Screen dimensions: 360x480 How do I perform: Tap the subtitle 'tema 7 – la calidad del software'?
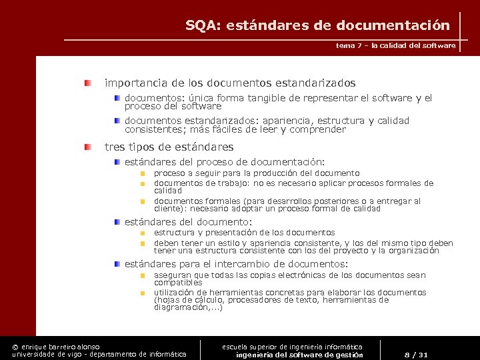396,45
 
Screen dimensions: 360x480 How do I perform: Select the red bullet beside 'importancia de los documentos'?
88,83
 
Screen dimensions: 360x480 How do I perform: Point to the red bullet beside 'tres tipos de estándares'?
88,146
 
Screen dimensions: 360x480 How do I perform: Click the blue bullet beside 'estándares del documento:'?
117,221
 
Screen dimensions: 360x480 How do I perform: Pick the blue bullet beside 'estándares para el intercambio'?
117,263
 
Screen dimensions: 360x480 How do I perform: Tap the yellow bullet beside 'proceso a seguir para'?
142,173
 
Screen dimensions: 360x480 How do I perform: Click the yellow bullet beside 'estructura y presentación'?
142,233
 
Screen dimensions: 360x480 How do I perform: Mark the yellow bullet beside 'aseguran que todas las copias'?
142,275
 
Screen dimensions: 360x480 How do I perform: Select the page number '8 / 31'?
417,354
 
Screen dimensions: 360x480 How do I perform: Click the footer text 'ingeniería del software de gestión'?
299,355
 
